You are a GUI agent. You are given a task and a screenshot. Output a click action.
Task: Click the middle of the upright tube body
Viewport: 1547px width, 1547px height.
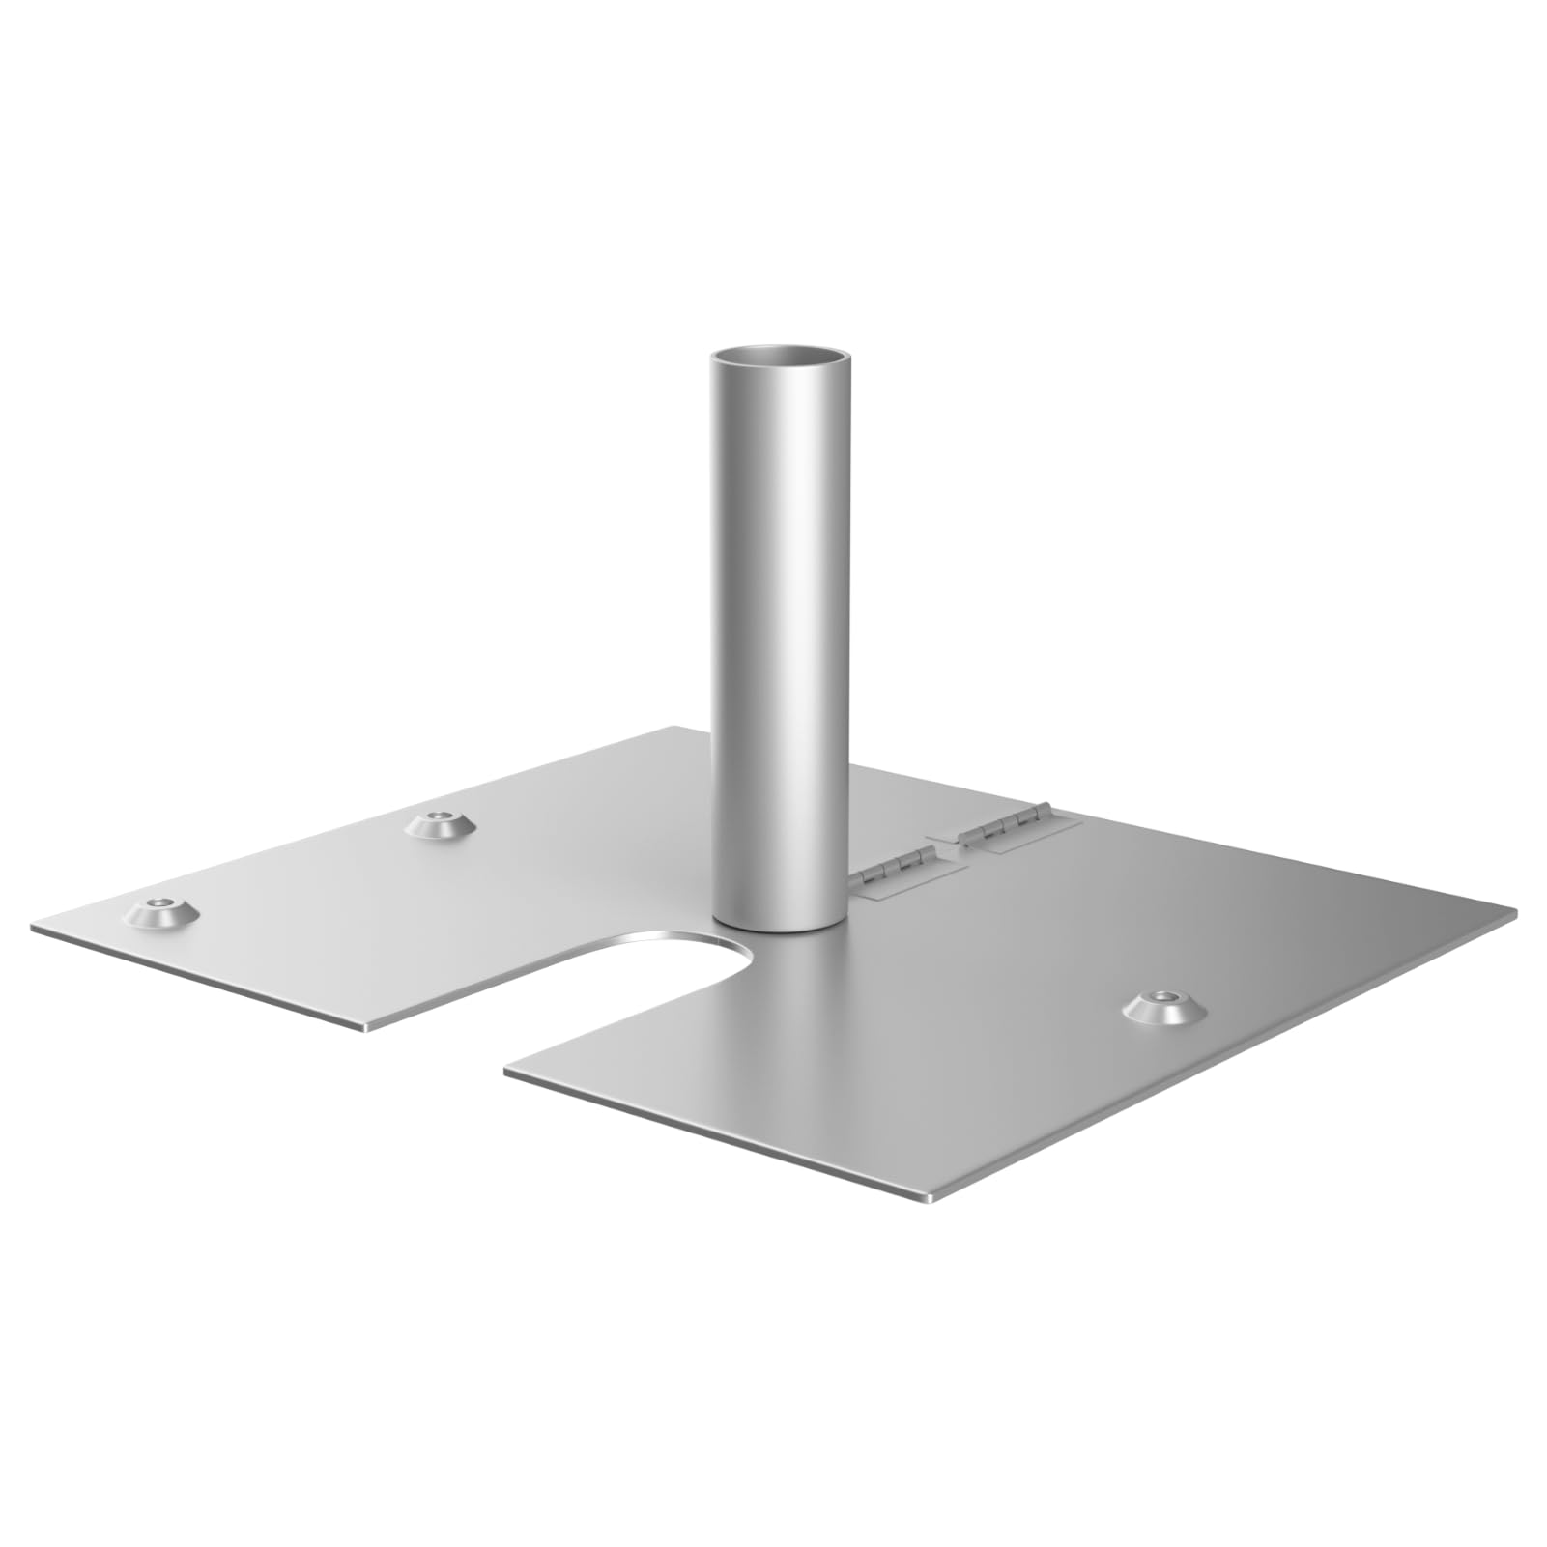[779, 638]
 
